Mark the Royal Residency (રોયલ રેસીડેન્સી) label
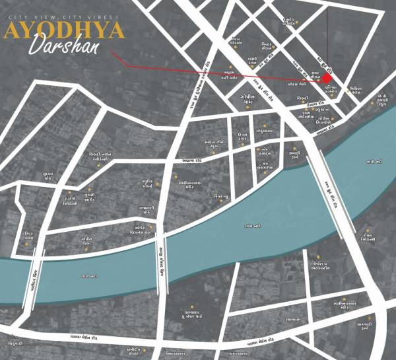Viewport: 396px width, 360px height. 368,237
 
